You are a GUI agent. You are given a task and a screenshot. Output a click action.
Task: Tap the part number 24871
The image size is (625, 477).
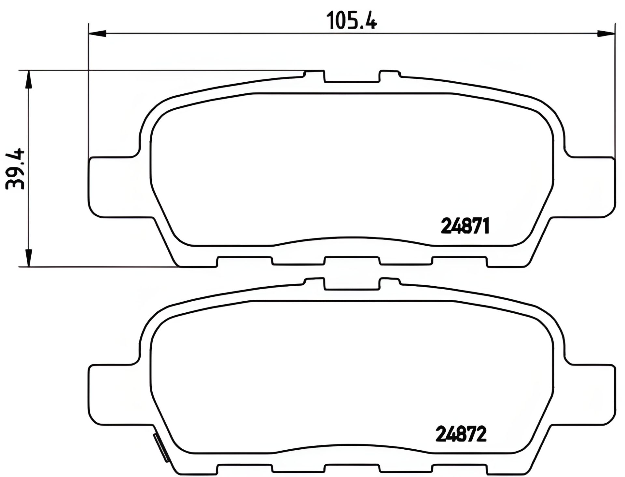point(465,226)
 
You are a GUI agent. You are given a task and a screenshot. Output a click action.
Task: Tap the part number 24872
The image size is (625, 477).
point(461,434)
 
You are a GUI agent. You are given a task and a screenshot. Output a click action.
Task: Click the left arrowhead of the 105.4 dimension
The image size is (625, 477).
point(97,33)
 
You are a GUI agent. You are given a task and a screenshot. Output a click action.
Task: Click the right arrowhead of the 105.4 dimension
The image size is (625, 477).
point(606,33)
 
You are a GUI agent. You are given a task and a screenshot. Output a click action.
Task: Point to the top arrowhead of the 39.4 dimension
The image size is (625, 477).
point(29,79)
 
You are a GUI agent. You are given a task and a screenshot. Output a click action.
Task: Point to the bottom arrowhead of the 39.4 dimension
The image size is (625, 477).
point(29,258)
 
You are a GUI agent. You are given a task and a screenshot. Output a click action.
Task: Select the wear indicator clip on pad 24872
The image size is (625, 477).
point(161,447)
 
